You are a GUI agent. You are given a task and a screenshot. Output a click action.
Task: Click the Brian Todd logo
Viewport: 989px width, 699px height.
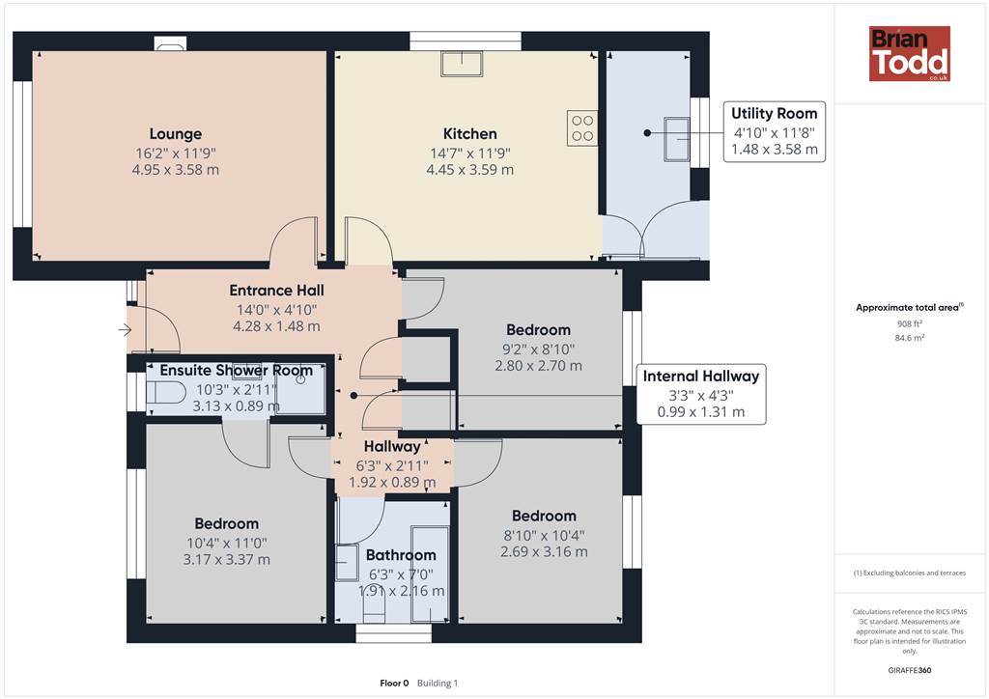point(910,53)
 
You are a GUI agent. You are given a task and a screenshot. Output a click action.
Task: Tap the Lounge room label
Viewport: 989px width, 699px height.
point(176,133)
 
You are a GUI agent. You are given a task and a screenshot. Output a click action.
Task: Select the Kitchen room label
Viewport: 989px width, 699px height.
point(470,133)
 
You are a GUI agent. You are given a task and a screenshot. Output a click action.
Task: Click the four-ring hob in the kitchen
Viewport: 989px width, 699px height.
point(581,128)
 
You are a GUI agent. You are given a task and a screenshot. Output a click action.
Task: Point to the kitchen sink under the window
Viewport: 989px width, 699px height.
point(462,64)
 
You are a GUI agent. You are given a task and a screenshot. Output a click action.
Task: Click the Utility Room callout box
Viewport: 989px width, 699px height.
point(774,131)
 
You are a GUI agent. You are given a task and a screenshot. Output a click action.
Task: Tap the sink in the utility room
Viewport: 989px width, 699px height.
point(676,139)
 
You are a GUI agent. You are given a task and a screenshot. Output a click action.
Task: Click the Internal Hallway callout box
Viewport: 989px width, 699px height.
point(701,394)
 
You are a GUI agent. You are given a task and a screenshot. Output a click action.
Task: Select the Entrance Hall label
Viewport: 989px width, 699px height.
point(276,291)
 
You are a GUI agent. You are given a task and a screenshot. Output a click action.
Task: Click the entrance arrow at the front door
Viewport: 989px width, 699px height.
point(125,329)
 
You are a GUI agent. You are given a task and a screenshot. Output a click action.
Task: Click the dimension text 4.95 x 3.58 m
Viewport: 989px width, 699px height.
point(176,170)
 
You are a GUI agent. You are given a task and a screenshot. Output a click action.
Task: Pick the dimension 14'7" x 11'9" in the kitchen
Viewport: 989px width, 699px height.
point(470,154)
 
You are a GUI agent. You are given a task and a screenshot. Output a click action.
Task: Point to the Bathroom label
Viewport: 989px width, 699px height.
point(401,555)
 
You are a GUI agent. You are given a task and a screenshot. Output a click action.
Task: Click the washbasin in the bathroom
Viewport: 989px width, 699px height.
point(347,563)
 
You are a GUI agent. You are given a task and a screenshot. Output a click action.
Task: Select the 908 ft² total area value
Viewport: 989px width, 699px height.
point(910,324)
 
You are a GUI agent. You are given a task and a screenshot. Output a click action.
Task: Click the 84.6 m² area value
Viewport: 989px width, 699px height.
point(910,338)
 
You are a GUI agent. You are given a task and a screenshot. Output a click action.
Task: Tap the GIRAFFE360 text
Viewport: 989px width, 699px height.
point(910,670)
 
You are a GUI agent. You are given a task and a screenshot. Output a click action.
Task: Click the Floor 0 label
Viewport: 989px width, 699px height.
point(394,684)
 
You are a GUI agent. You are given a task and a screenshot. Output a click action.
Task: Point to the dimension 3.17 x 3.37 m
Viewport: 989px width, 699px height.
point(226,560)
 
